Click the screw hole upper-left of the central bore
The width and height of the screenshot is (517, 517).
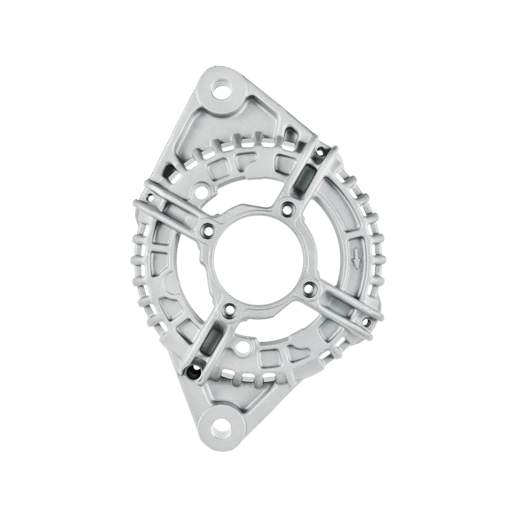click(x=207, y=227)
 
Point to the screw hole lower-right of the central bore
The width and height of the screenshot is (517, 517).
click(x=309, y=287)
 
